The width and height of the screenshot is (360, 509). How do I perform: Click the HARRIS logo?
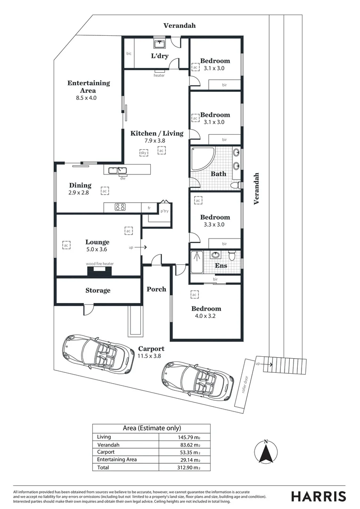[x=318, y=496]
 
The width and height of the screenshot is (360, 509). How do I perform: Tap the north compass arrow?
[x=266, y=453]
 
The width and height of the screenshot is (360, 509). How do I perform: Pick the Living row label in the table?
[x=104, y=437]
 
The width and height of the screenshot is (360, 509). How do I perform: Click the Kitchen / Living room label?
[x=157, y=133]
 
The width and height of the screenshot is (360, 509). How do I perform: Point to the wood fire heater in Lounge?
[x=99, y=271]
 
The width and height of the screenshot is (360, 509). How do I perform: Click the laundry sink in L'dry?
[x=159, y=45]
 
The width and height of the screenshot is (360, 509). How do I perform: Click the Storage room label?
[x=98, y=290]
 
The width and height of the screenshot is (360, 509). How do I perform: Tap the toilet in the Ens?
[x=232, y=256]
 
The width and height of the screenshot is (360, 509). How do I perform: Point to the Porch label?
[x=156, y=289]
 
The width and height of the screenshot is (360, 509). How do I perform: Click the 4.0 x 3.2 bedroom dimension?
[x=206, y=316]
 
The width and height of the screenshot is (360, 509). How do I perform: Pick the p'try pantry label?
[x=164, y=211]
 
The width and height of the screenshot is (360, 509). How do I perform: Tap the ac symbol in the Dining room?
[x=105, y=191]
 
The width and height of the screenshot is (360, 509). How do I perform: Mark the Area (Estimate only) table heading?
[x=151, y=428]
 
